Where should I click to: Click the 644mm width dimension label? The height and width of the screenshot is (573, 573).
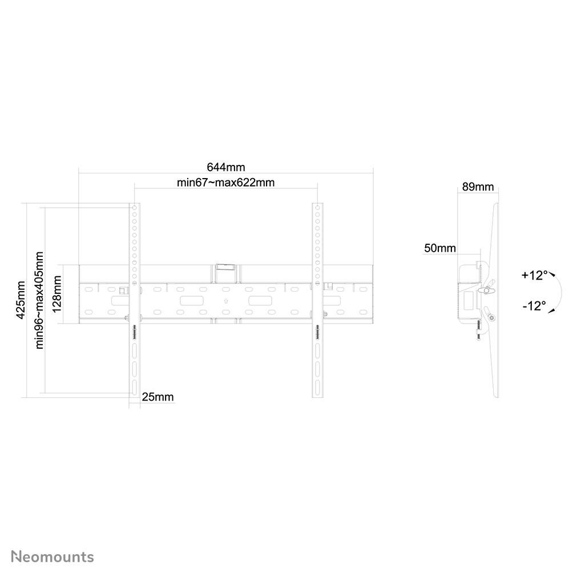tap(226, 167)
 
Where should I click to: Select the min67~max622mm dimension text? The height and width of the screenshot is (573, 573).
tap(225, 183)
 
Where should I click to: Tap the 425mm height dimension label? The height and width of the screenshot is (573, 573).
tap(21, 300)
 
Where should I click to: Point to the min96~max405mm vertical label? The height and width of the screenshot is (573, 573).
tap(39, 300)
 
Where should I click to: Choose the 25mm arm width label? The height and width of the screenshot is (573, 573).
tap(158, 397)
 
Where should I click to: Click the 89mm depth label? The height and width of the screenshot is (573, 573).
tap(478, 187)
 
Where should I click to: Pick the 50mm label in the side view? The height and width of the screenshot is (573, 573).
tap(440, 248)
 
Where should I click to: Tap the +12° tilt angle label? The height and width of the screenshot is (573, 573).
tap(534, 275)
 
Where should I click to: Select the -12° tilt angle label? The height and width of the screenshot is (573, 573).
tap(534, 305)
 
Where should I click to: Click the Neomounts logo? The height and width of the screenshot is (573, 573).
tap(53, 557)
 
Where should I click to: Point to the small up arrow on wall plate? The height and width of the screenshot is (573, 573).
tap(226, 301)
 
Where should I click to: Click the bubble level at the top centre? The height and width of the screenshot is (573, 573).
tap(226, 267)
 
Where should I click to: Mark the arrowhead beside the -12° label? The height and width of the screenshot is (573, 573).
tap(551, 311)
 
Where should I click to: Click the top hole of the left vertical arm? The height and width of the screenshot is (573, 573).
tap(135, 208)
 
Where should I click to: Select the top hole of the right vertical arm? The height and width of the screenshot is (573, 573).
tap(317, 208)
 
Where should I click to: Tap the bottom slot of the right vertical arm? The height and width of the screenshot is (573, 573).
tap(317, 386)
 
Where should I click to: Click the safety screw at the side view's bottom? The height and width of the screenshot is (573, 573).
tap(479, 330)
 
